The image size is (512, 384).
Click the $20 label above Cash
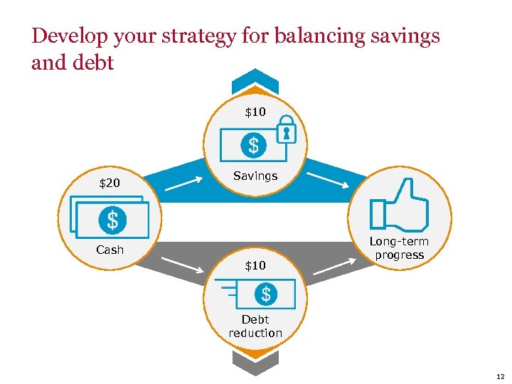click(x=110, y=184)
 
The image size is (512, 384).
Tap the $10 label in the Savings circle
click(x=255, y=112)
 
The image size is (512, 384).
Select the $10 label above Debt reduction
click(x=255, y=265)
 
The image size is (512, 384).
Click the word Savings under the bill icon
click(x=255, y=176)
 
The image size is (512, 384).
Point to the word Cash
click(x=110, y=250)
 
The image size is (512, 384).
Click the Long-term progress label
click(x=399, y=248)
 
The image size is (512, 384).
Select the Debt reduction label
click(x=255, y=326)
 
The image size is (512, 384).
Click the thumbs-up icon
click(x=399, y=206)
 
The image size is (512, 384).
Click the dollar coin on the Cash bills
click(x=112, y=220)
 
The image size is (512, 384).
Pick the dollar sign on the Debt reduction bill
click(x=265, y=294)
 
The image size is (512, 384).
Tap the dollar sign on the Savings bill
click(x=252, y=146)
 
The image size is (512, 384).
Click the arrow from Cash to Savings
click(x=188, y=183)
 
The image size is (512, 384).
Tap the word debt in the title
click(x=94, y=63)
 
